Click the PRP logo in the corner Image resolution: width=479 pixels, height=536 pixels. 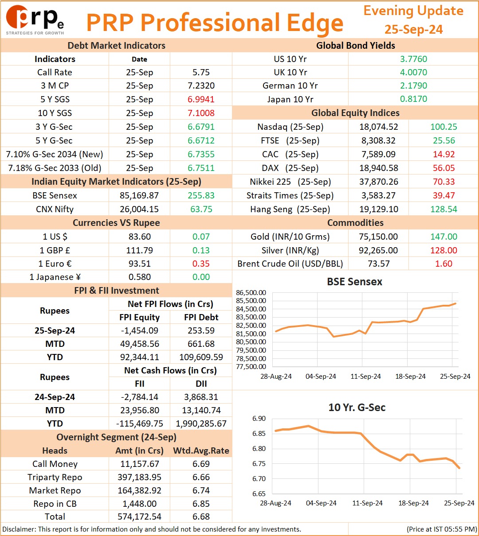coord(35,20)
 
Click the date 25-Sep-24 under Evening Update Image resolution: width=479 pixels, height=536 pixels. coord(413,29)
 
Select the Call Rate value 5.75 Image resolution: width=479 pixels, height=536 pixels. coord(201,72)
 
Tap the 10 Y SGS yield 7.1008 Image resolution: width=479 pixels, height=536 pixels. coord(201,113)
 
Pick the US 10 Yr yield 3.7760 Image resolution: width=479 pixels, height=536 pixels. coord(413,59)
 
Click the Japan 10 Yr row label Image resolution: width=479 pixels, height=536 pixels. coord(290,99)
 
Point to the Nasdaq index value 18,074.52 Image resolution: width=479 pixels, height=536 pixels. coord(378,127)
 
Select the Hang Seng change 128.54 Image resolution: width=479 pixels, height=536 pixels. coord(444,209)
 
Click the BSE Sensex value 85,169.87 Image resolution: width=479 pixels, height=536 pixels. coord(139,195)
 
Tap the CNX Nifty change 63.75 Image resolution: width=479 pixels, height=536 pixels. coord(201,209)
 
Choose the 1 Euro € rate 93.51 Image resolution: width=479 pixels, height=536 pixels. coord(139,264)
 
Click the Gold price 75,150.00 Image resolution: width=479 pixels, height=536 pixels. coord(378,236)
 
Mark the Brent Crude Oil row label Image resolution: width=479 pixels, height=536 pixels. coord(290,264)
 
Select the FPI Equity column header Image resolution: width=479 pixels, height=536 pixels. coord(139,317)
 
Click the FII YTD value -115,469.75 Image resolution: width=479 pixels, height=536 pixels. coord(139,423)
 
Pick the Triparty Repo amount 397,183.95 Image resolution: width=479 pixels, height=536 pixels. coord(139,477)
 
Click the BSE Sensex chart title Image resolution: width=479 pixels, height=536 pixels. coord(354,281)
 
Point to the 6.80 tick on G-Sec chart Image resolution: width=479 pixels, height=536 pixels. coord(259,448)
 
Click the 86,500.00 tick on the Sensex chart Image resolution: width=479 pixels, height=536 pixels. coord(251,292)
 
